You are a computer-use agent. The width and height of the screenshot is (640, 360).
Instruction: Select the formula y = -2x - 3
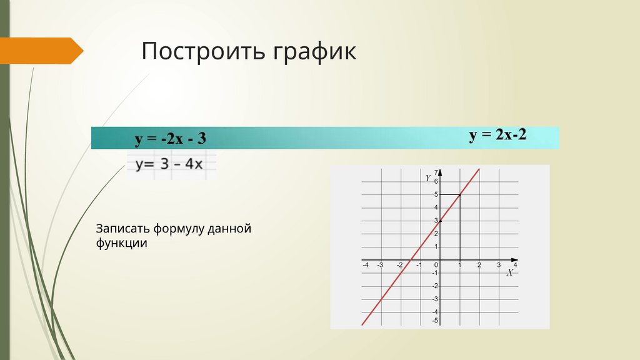point(170,138)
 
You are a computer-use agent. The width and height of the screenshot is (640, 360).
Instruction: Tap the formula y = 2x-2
point(498,135)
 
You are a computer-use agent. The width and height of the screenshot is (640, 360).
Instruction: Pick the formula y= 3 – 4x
point(169,164)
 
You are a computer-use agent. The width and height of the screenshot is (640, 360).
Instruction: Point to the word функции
point(122,244)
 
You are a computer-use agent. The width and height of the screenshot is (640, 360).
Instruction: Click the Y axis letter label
point(427,178)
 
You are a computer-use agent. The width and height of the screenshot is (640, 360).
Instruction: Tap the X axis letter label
point(510,273)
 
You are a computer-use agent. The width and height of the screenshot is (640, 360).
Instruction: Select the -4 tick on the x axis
point(365,266)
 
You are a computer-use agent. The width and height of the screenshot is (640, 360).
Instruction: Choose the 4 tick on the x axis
point(516,266)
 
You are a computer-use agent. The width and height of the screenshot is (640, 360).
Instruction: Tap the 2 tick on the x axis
point(479,266)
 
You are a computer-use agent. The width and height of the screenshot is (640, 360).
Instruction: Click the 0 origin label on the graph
point(436,265)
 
